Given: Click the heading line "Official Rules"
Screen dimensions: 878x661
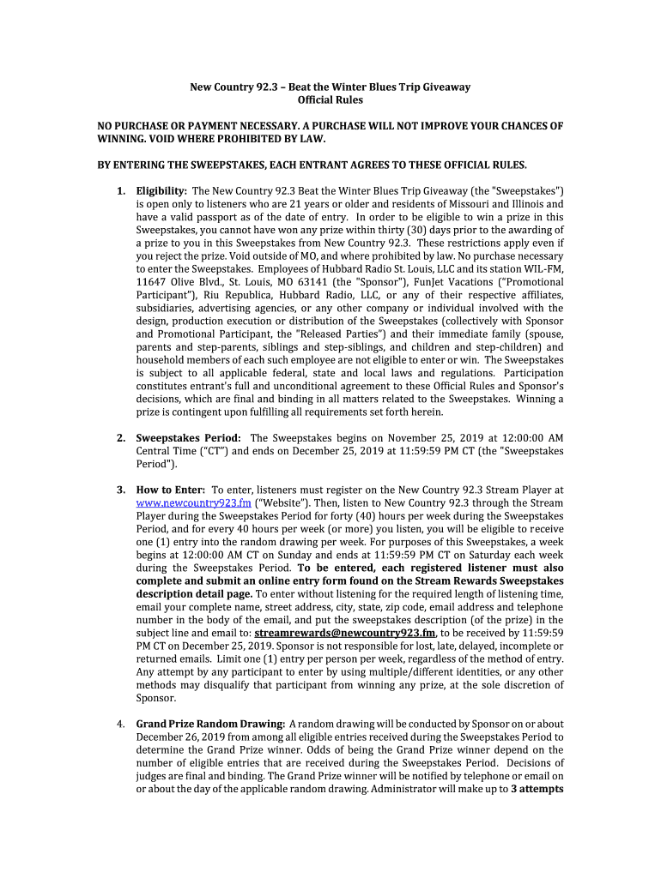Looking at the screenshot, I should coord(330,100).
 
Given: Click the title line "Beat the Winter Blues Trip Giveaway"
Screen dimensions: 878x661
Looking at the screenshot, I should coord(379,87).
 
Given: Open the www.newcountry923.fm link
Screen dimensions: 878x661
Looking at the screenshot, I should coord(193,503).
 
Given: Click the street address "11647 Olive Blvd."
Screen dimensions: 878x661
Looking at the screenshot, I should coord(179,280).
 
